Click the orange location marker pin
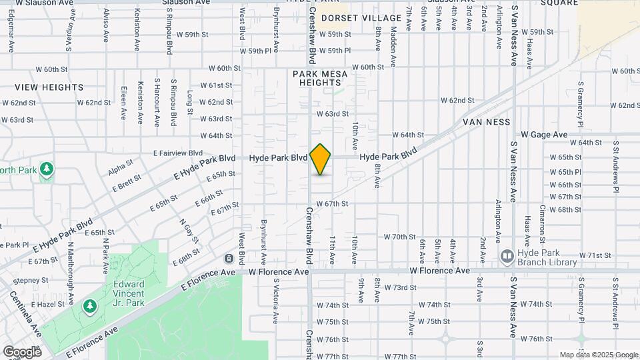(x=321, y=159)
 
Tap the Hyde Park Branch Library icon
(x=507, y=256)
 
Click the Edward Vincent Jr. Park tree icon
(x=89, y=305)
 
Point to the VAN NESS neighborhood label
(x=487, y=122)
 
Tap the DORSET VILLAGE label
(x=361, y=18)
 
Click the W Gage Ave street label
(x=544, y=135)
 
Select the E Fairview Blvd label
(x=177, y=153)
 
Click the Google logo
(x=21, y=351)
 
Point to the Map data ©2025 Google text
(x=598, y=355)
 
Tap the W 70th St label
(x=400, y=237)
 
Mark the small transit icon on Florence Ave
(x=229, y=259)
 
